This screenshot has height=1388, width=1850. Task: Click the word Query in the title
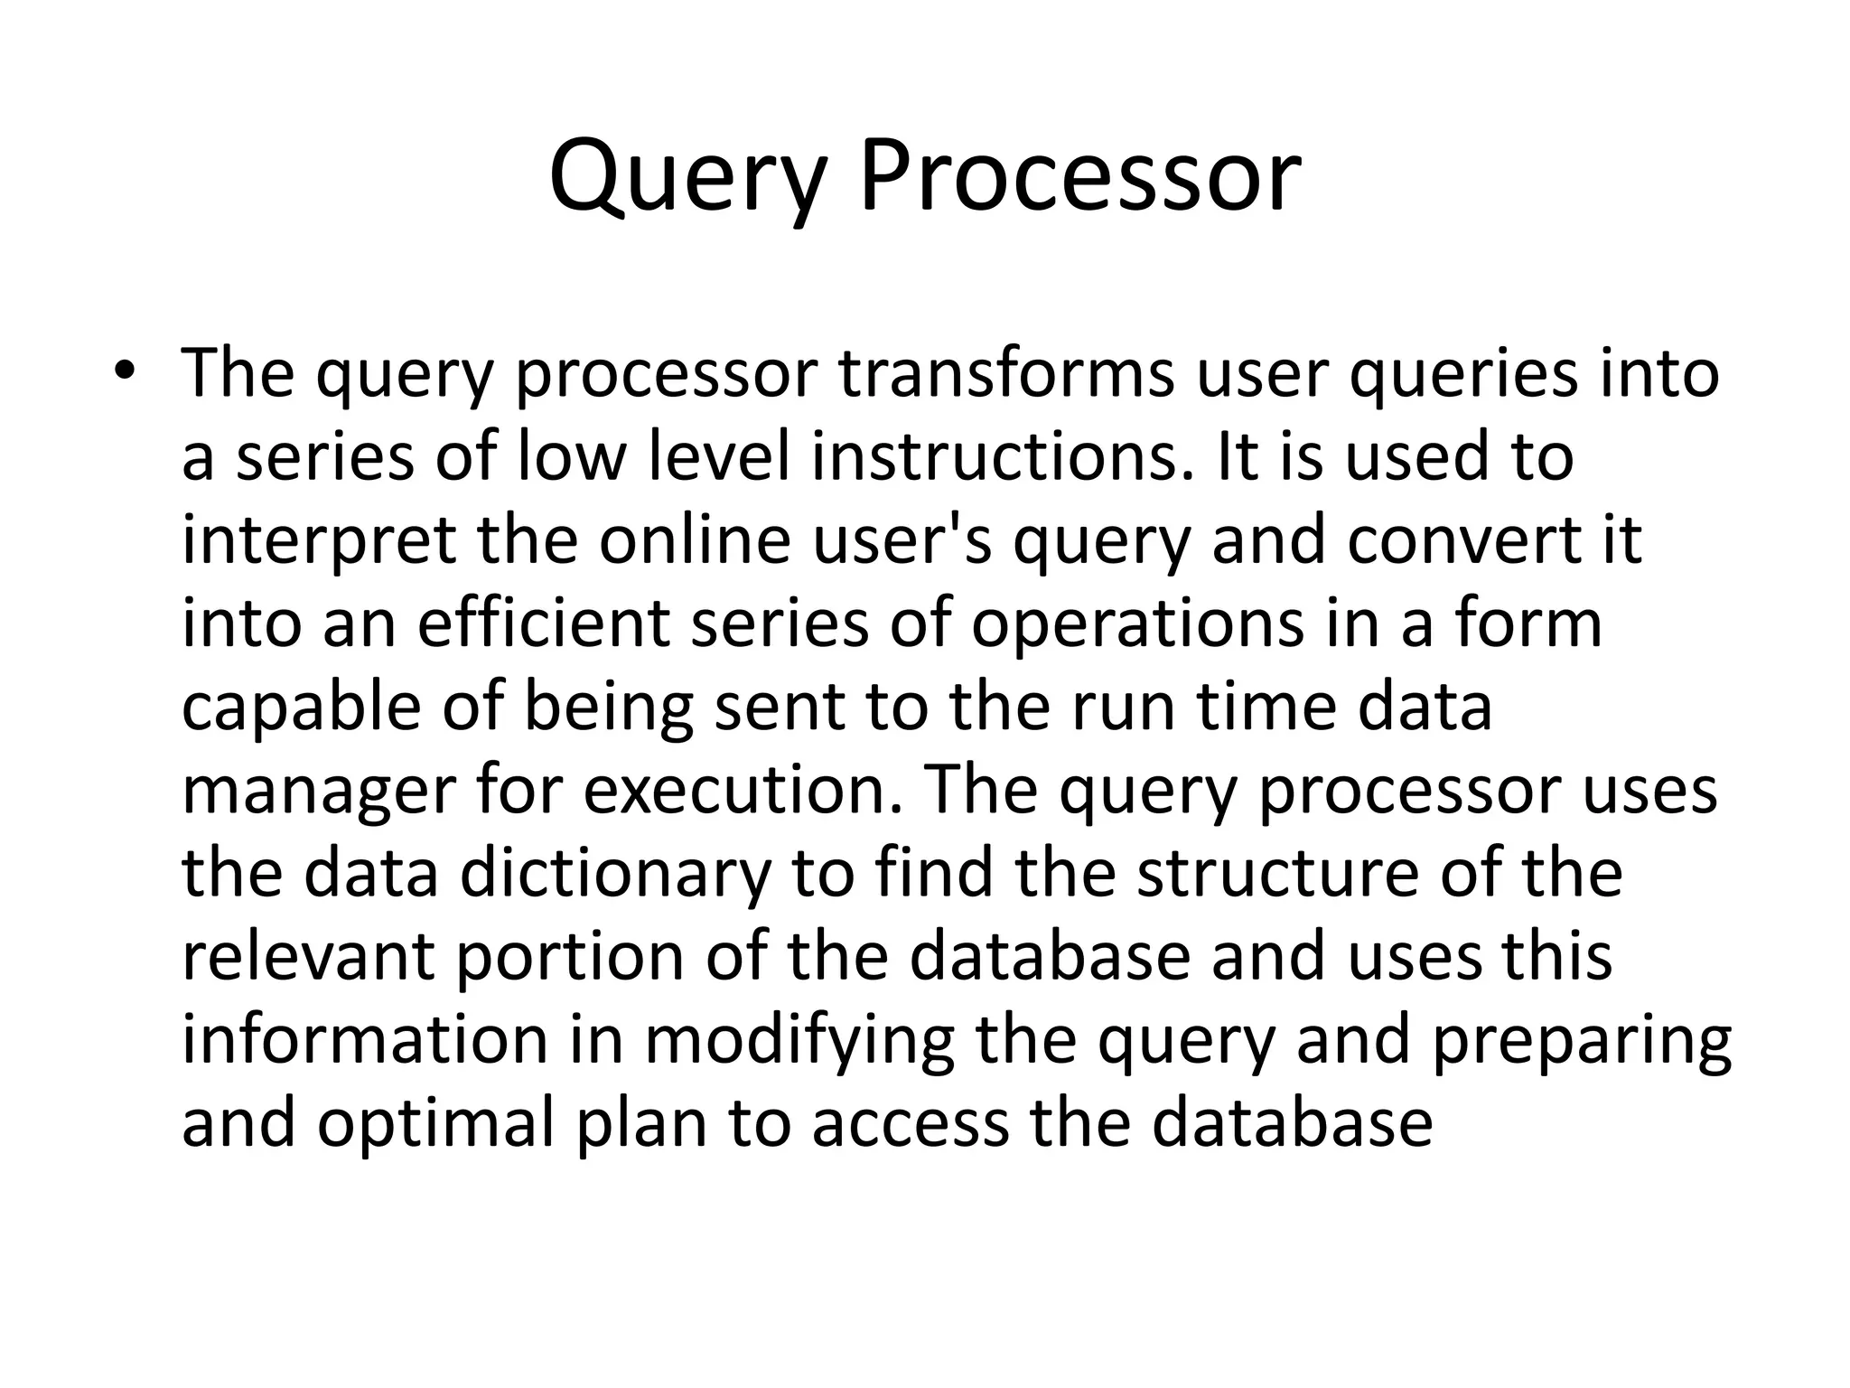[687, 177]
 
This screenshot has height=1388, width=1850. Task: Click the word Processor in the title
[1080, 177]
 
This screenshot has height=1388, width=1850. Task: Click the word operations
[1137, 624]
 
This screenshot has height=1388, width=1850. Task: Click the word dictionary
[615, 874]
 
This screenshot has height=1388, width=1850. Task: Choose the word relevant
[308, 957]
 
